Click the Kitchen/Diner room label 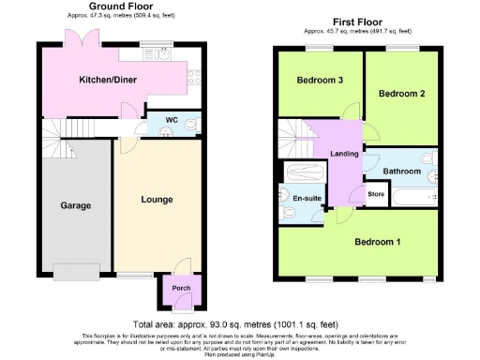point(107,80)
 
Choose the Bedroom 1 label point(377,242)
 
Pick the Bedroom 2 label point(402,94)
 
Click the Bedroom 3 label point(320,81)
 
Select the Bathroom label point(401,171)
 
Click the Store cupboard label point(376,194)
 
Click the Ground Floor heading point(121,7)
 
